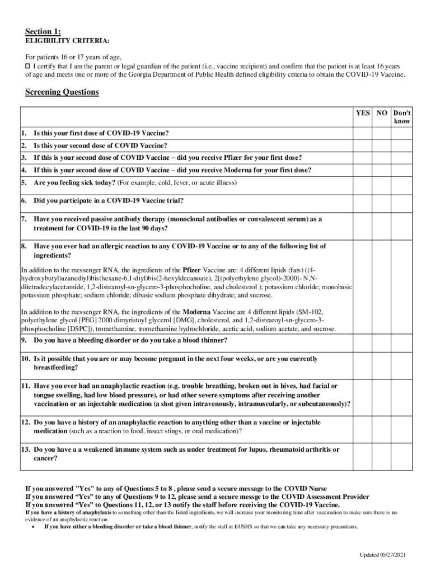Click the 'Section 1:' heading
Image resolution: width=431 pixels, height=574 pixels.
43,31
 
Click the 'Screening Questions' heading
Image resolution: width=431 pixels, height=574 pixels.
62,92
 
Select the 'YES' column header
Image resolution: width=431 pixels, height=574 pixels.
363,113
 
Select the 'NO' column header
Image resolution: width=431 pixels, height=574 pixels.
382,113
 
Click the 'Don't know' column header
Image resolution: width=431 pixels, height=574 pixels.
402,117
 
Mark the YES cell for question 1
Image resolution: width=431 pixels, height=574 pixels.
363,133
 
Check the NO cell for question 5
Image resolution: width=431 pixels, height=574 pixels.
382,183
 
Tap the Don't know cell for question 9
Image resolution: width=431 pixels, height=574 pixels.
402,340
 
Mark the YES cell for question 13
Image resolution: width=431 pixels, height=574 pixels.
363,453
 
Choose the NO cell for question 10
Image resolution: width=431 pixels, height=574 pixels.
382,363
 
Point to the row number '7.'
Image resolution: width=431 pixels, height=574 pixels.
24,219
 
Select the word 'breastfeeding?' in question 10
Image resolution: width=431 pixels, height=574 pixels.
56,368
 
